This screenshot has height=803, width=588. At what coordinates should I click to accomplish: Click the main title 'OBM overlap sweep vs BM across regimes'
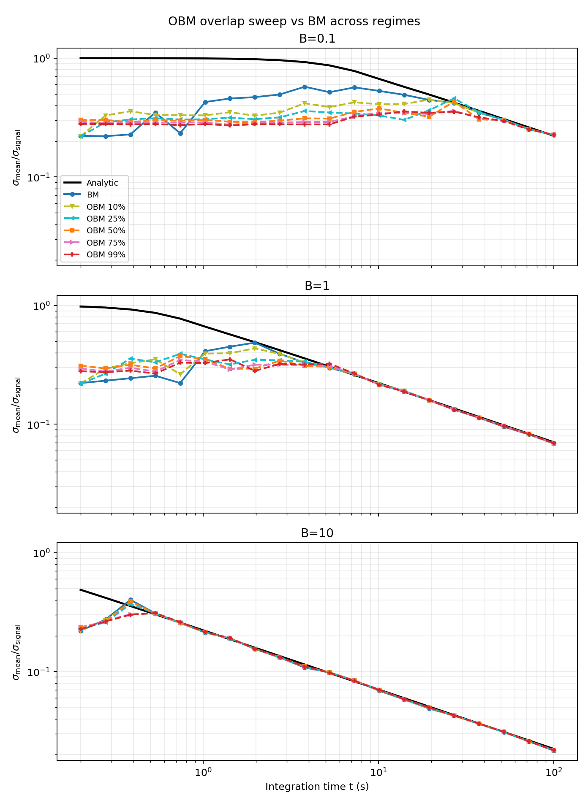point(294,22)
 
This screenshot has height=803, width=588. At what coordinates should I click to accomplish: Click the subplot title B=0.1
point(317,39)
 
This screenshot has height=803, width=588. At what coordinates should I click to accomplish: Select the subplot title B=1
point(317,286)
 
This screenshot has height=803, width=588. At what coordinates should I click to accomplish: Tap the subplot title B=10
point(317,533)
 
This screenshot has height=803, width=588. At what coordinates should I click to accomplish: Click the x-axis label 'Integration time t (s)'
point(317,787)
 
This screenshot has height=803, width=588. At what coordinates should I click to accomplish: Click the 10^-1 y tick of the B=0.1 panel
point(42,178)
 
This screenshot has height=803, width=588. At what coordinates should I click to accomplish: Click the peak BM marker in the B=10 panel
point(131,600)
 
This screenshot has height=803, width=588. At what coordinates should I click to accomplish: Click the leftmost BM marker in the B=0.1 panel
point(81,136)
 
